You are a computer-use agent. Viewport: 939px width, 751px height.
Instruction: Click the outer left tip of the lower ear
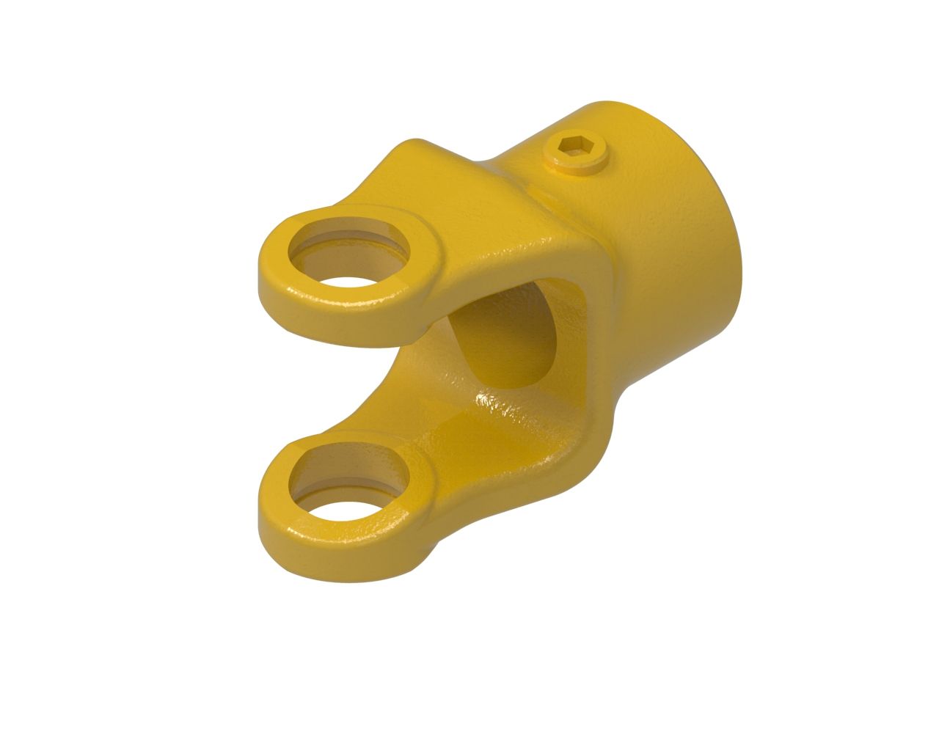pos(263,513)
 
